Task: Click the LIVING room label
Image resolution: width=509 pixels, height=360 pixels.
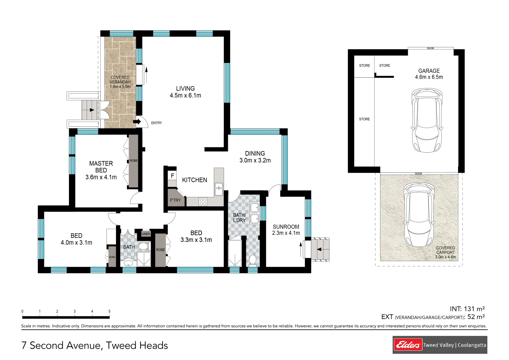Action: point(185,89)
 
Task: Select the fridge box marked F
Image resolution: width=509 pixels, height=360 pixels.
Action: point(172,176)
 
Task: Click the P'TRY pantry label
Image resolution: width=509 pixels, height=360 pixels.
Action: point(175,200)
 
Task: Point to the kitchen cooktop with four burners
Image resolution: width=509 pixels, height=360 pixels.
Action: point(203,202)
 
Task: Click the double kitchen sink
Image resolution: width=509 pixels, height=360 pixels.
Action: point(219,189)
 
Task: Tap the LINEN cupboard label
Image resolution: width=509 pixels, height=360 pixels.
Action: point(146,234)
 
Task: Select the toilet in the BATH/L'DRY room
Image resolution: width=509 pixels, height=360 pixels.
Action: point(253,260)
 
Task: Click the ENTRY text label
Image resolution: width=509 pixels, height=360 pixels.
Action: point(157,123)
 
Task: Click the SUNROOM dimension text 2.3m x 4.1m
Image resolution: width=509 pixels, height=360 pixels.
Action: point(286,233)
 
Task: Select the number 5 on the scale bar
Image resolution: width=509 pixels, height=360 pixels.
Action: point(109,311)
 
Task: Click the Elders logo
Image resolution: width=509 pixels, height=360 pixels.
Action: point(408,345)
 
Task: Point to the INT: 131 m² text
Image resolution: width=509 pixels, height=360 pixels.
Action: point(467,309)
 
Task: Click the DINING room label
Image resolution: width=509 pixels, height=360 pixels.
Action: point(255,154)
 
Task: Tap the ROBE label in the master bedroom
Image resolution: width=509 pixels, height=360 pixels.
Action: point(134,161)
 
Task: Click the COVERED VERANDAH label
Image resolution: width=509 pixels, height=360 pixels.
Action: point(120,80)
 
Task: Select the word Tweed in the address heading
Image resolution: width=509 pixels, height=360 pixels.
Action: point(121,346)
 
